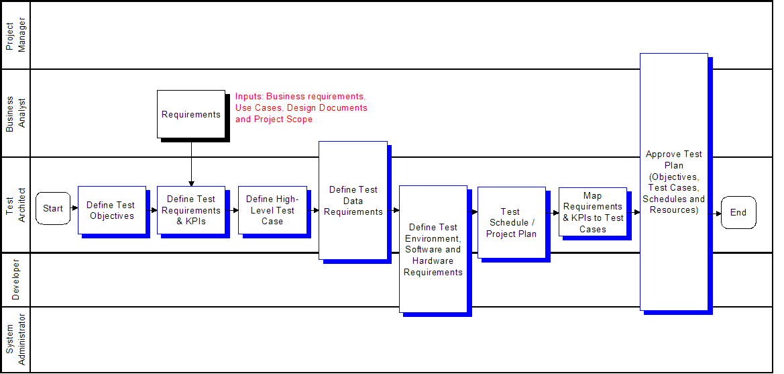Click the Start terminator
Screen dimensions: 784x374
click(53, 208)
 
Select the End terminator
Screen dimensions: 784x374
click(738, 212)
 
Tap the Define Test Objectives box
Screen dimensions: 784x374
click(112, 210)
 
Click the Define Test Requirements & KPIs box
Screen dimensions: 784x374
click(191, 210)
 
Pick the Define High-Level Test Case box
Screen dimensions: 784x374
click(272, 210)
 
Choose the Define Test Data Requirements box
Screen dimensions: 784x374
click(353, 200)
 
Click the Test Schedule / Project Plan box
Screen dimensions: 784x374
click(512, 222)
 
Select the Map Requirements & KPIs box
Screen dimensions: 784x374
click(592, 212)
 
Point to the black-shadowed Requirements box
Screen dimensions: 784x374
click(191, 114)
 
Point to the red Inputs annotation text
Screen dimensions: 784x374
click(302, 107)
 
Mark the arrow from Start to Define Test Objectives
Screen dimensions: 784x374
click(74, 207)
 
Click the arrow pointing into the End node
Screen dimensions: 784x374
click(714, 214)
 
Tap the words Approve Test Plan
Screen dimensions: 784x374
click(674, 160)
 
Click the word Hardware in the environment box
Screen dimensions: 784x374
click(433, 261)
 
